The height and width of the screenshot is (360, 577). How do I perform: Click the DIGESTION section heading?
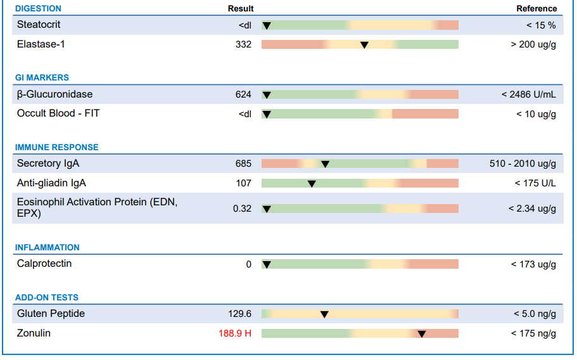tap(38, 8)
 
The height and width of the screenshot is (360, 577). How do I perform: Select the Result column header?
tap(241, 8)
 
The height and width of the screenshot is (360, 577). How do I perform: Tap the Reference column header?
tap(536, 8)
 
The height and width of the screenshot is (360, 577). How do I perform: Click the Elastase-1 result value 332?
tap(243, 44)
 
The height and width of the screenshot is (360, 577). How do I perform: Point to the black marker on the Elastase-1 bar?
tap(364, 45)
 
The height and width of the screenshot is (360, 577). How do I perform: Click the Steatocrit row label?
tap(38, 25)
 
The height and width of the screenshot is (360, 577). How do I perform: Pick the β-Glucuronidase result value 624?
tap(243, 94)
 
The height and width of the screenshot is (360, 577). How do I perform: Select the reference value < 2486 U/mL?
tap(528, 94)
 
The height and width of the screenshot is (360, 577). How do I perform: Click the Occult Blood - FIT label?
tap(58, 113)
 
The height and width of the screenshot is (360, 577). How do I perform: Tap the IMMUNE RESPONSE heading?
tap(56, 147)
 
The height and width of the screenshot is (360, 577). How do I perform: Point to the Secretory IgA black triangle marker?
tap(325, 164)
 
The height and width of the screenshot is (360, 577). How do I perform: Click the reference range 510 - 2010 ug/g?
tap(523, 164)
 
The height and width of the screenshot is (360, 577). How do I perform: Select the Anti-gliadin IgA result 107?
tap(244, 183)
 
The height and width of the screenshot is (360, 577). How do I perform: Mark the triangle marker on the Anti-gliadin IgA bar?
tap(312, 184)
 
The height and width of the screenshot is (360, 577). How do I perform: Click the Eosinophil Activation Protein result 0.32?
tap(242, 209)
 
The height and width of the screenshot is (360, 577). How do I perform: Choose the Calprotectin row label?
tap(44, 264)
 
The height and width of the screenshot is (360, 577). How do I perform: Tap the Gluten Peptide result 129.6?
tap(239, 314)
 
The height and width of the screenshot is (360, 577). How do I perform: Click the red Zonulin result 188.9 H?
tap(235, 333)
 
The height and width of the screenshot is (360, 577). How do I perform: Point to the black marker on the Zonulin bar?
tap(422, 334)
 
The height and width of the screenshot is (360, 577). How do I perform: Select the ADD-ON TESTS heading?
tap(47, 297)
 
